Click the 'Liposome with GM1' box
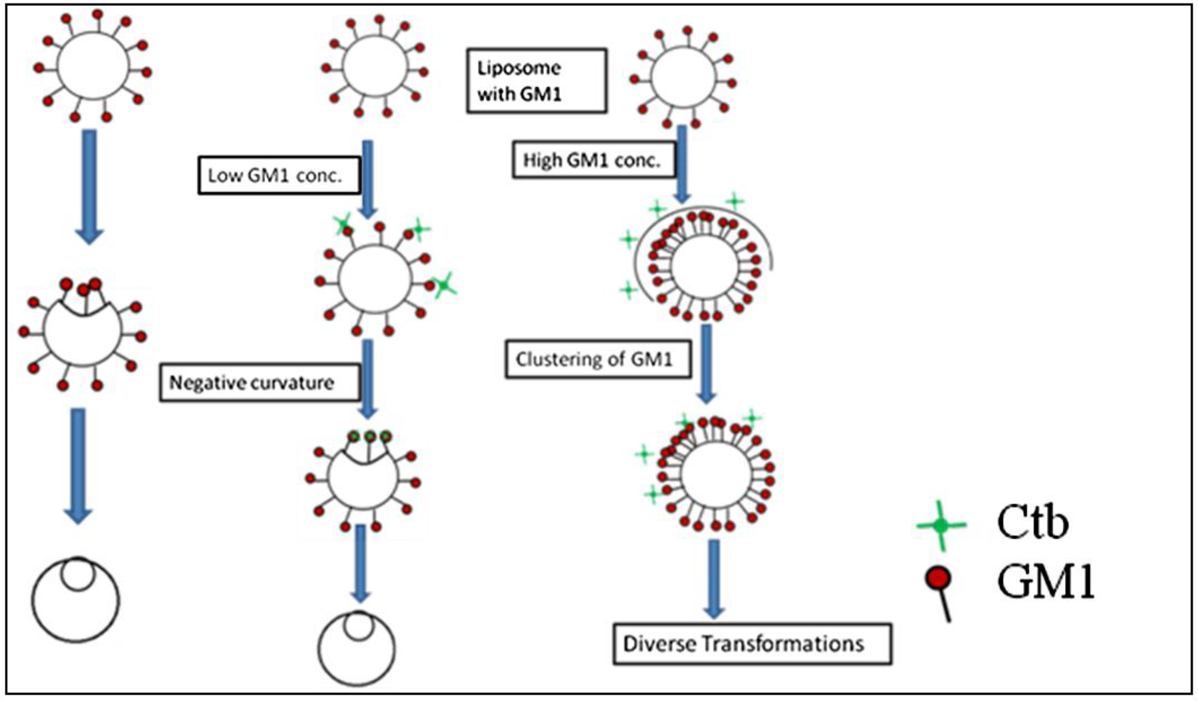point(536,81)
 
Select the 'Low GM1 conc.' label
point(278,175)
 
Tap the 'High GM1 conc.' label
point(593,160)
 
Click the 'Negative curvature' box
point(259,383)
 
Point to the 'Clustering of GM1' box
point(597,359)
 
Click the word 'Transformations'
point(783,644)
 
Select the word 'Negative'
point(203,383)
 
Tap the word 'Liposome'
point(519,68)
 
